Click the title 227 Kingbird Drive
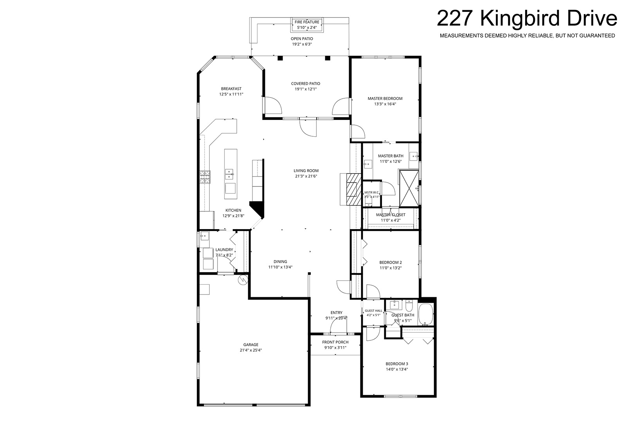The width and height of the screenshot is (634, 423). point(527,18)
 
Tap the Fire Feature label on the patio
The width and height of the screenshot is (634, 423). point(307,22)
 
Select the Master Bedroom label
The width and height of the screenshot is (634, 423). point(385,99)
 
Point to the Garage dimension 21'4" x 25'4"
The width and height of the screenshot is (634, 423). point(251,350)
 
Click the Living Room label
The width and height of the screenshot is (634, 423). point(306,170)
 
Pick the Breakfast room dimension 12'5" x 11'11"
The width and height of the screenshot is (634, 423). point(231,94)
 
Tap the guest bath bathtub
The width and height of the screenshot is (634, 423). point(426,315)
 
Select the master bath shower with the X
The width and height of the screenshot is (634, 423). point(409,188)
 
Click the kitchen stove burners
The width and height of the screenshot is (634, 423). point(205,177)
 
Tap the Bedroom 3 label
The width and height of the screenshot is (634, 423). point(397,364)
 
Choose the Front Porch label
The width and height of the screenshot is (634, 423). point(335,342)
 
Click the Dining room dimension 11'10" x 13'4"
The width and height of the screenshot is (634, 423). point(281,267)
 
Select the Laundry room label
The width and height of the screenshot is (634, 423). point(224,249)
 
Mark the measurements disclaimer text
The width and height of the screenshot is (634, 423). point(527,36)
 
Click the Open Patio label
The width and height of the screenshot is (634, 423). point(302,39)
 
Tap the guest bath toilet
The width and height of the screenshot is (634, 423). point(409,305)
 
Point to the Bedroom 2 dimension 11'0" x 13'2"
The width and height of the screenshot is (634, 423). point(391,268)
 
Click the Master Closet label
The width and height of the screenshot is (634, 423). point(391,215)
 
